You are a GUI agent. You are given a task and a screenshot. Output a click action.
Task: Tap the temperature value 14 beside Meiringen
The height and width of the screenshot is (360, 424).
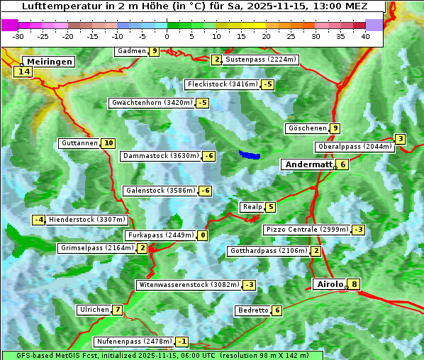pyautogui.click(x=24, y=72)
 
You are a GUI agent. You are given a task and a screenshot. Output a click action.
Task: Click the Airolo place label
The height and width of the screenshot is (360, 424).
pyautogui.click(x=330, y=284)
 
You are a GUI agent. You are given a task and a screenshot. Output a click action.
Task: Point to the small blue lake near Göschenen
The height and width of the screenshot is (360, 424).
pyautogui.click(x=249, y=154)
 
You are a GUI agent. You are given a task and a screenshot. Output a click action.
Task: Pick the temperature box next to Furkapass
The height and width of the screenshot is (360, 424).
pyautogui.click(x=203, y=235)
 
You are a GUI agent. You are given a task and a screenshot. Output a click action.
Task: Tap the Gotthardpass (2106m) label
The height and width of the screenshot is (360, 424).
pyautogui.click(x=268, y=251)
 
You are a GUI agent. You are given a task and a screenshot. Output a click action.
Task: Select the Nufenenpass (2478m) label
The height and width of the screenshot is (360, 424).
pyautogui.click(x=133, y=342)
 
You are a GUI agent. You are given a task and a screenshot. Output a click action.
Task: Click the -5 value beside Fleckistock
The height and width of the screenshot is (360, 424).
pyautogui.click(x=267, y=85)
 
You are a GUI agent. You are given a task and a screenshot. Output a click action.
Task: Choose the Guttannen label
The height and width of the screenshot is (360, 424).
pyautogui.click(x=79, y=143)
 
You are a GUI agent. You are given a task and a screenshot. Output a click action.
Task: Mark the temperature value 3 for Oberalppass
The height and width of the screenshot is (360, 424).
pyautogui.click(x=401, y=139)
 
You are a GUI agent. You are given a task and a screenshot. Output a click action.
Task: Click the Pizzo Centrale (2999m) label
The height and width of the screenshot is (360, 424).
pyautogui.click(x=306, y=230)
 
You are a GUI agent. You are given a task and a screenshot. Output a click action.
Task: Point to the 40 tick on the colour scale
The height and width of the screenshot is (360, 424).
pyautogui.click(x=365, y=36)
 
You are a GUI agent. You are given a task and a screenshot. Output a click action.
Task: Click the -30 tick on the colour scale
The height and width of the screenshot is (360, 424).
pyautogui.click(x=18, y=36)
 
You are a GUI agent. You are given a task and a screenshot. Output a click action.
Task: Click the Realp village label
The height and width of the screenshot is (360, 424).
pyautogui.click(x=252, y=207)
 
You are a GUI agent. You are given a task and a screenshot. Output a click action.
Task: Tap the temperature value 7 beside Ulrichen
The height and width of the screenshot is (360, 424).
pyautogui.click(x=117, y=310)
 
